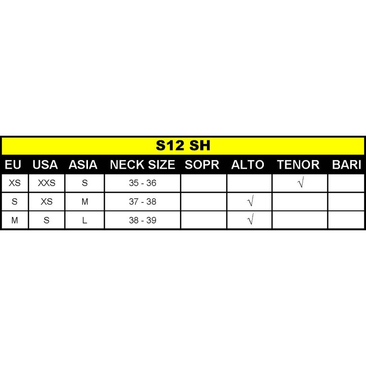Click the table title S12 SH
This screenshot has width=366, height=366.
(183, 145)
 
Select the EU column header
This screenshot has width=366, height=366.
(13, 165)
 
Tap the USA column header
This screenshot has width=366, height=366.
(45, 165)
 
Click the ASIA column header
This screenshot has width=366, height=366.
(83, 165)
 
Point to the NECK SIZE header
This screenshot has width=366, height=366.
(142, 165)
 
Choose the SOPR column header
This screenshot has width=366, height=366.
(202, 165)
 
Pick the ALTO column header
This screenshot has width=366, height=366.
(248, 165)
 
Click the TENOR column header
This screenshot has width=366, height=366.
(298, 165)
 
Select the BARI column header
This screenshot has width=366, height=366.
(347, 165)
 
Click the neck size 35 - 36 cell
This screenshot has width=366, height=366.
(143, 183)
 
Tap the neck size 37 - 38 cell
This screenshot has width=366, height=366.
(143, 202)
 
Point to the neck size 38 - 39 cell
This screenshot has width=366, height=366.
(143, 220)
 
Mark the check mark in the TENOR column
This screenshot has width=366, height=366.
(301, 182)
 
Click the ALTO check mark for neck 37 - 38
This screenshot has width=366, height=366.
(250, 201)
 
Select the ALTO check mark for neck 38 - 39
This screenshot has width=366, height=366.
(250, 219)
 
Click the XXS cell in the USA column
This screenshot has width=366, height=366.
(47, 183)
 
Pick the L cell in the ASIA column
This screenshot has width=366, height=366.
(84, 220)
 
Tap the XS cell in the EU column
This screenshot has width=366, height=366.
(15, 183)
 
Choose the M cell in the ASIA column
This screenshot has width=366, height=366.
(85, 202)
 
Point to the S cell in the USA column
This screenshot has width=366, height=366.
(46, 220)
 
